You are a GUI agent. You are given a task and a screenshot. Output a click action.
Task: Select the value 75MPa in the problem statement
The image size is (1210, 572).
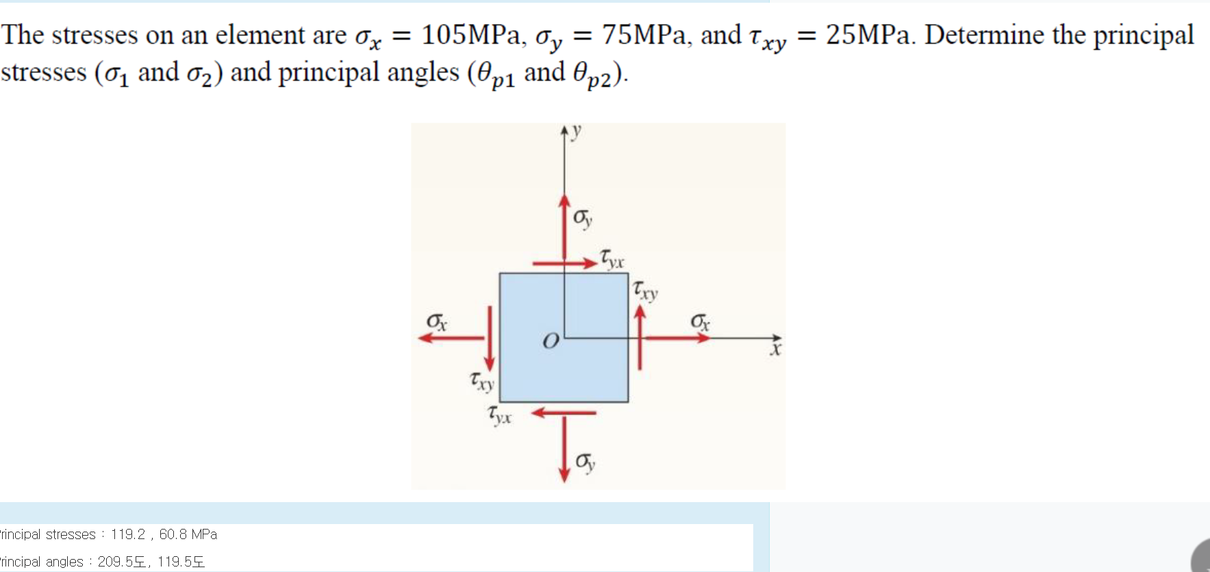click(x=644, y=35)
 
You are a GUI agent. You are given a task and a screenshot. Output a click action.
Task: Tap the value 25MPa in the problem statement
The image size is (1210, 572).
click(x=868, y=35)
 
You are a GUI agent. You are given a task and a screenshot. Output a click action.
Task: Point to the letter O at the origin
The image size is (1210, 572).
click(x=551, y=340)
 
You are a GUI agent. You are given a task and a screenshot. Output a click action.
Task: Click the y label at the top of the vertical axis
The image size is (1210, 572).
click(x=576, y=130)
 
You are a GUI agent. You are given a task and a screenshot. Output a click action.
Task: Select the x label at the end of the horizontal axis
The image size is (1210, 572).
click(x=775, y=350)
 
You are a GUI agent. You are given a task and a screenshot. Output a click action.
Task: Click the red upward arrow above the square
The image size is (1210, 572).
click(x=564, y=226)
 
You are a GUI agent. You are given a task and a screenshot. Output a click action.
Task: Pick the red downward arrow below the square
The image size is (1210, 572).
click(x=564, y=449)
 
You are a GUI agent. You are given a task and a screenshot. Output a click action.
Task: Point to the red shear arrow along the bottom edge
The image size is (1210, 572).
click(x=564, y=413)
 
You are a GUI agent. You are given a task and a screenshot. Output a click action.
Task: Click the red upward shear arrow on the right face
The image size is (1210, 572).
click(x=640, y=337)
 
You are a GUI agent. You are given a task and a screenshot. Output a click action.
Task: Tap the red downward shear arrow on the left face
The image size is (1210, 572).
click(x=490, y=337)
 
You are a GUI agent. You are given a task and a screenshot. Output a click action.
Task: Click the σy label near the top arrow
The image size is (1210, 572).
click(x=583, y=218)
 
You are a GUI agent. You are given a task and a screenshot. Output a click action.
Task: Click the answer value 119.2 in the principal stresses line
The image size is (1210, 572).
click(x=128, y=534)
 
